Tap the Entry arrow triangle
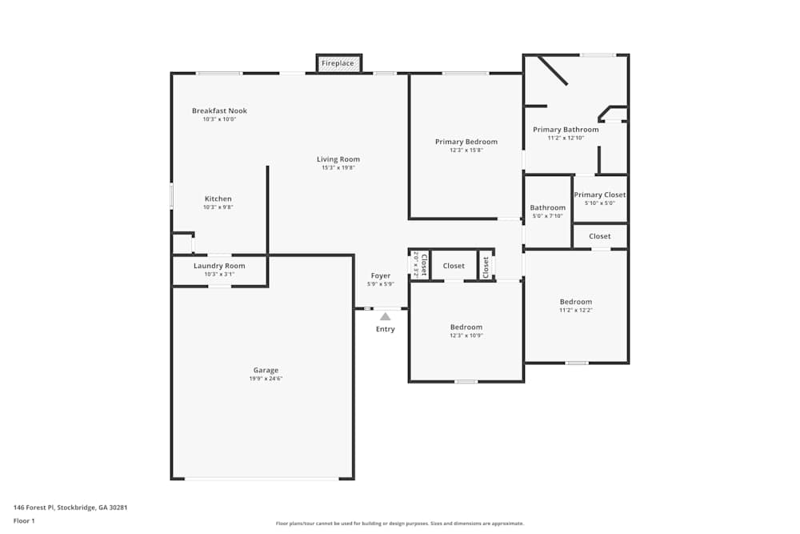pyautogui.click(x=385, y=316)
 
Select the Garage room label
pyautogui.click(x=266, y=370)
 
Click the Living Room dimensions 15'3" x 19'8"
pyautogui.click(x=338, y=168)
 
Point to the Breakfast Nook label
pyautogui.click(x=219, y=110)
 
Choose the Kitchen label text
pyautogui.click(x=218, y=199)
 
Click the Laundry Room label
pyautogui.click(x=219, y=266)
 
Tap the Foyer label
pyautogui.click(x=381, y=276)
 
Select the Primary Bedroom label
pyautogui.click(x=466, y=142)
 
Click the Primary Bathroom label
pyautogui.click(x=566, y=130)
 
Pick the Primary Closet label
pyautogui.click(x=599, y=195)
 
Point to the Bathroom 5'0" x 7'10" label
pyautogui.click(x=547, y=208)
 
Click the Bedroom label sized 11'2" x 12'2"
pyautogui.click(x=575, y=302)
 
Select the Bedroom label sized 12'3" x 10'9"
pyautogui.click(x=466, y=327)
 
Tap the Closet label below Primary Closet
pyautogui.click(x=599, y=236)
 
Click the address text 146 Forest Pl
pyautogui.click(x=70, y=508)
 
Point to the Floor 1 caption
pyautogui.click(x=24, y=520)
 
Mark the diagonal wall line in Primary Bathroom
pyautogui.click(x=553, y=70)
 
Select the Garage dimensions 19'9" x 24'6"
pyautogui.click(x=266, y=379)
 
